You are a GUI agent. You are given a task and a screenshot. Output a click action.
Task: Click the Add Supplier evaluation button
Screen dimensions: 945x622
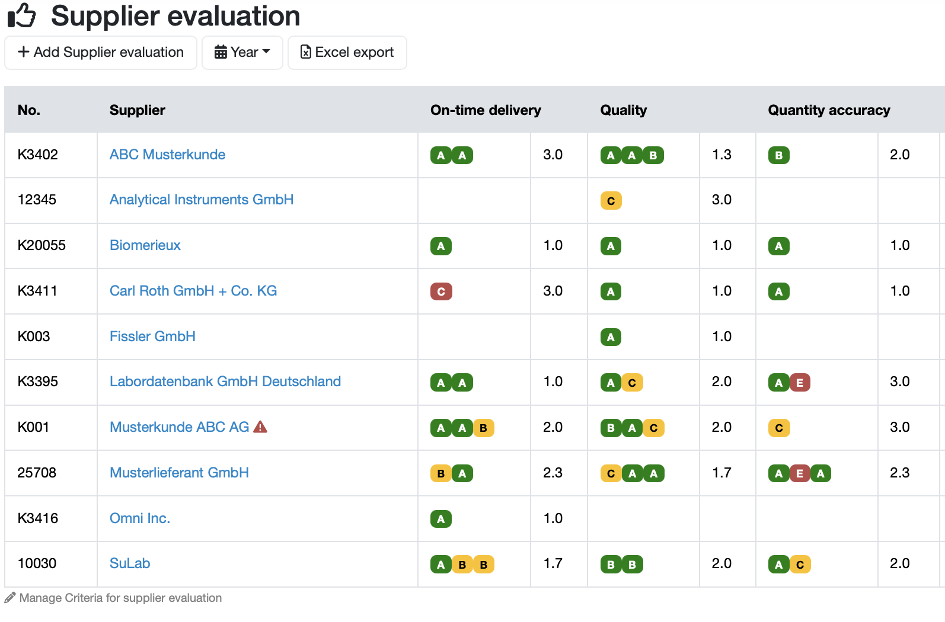pos(100,52)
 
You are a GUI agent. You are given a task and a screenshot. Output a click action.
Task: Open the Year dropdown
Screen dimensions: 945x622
pos(242,52)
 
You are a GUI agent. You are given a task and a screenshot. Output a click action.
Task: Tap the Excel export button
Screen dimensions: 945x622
pos(347,52)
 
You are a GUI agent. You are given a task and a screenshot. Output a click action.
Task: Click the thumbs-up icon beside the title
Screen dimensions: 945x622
pos(21,15)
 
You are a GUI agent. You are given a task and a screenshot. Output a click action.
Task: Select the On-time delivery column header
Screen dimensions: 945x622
pos(486,110)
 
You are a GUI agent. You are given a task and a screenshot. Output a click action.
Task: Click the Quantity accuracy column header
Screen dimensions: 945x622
pos(829,110)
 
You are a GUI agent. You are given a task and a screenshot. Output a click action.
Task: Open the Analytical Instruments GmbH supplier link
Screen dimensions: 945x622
pos(202,199)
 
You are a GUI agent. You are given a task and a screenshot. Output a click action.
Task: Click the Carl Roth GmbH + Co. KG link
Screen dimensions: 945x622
pos(193,291)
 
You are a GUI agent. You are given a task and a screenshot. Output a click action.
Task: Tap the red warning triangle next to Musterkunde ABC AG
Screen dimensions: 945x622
pos(260,427)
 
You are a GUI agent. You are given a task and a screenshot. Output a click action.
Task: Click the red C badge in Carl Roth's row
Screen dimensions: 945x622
pos(441,291)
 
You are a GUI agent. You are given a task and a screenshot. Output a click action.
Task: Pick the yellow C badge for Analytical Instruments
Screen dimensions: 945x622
pos(611,201)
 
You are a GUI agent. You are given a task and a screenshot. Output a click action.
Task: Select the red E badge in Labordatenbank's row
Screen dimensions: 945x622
pos(799,383)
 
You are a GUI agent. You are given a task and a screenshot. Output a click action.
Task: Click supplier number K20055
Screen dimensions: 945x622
pos(41,245)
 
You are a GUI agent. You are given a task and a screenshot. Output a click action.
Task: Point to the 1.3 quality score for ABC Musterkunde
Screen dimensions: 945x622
pos(721,155)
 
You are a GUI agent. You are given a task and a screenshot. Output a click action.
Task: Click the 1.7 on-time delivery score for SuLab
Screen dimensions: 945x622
pos(553,563)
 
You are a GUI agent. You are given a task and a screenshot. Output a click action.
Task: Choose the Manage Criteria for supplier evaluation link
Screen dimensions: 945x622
pos(121,598)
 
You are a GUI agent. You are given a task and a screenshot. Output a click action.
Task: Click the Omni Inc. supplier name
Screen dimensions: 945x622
pos(140,518)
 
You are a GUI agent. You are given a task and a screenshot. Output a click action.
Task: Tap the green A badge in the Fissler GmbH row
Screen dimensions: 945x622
pos(611,337)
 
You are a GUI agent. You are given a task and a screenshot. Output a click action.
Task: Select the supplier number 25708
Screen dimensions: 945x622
pos(37,472)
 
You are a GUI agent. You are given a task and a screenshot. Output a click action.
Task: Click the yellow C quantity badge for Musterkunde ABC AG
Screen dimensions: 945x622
pos(779,428)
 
